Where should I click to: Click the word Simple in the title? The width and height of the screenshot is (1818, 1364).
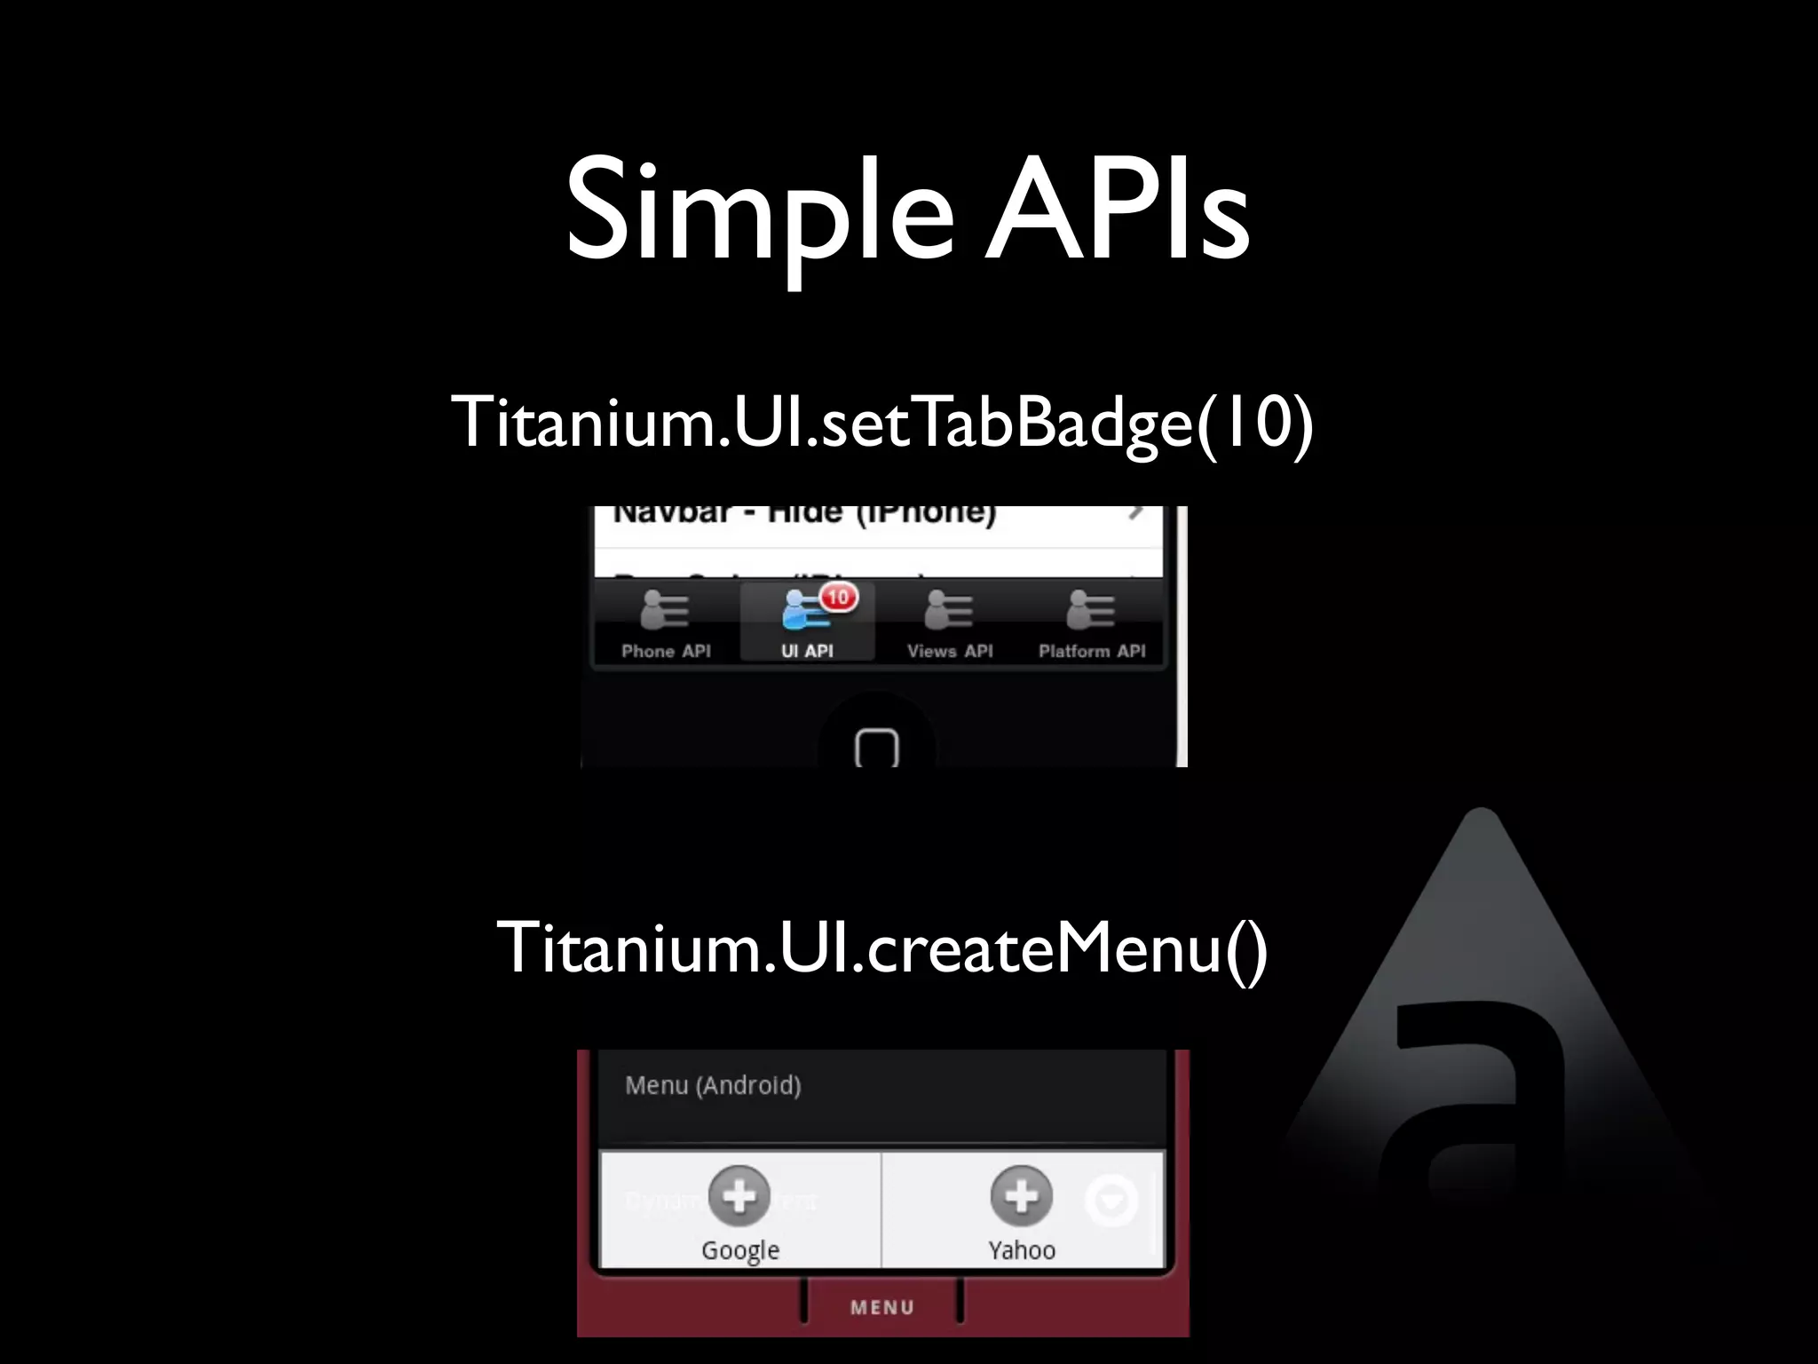coord(760,213)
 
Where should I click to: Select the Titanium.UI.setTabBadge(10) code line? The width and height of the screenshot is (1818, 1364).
coord(881,421)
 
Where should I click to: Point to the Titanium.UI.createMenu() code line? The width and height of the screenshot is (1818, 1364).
coord(881,948)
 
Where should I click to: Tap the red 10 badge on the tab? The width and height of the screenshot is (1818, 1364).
coord(838,597)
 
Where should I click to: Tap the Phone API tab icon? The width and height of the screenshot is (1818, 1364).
coord(665,609)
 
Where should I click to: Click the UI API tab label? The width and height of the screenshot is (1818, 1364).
coord(807,651)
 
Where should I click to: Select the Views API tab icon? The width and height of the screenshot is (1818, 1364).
coord(949,609)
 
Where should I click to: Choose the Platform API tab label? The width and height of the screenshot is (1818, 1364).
coord(1092,651)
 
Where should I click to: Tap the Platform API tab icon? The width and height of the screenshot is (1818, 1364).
coord(1091,609)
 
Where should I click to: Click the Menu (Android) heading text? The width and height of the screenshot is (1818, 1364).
coord(713,1085)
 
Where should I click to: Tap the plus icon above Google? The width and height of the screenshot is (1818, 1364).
coord(739,1196)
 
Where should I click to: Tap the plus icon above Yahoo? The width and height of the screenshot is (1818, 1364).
coord(1021,1196)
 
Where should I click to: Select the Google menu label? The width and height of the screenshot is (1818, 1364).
coord(739,1250)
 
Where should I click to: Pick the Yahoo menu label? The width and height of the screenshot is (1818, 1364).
coord(1022,1250)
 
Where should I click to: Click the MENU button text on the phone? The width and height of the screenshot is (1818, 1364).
coord(882,1307)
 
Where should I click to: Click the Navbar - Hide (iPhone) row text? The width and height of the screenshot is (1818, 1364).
coord(804,514)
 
